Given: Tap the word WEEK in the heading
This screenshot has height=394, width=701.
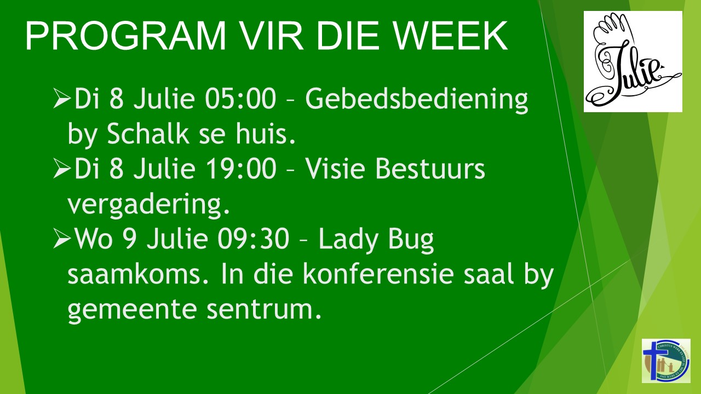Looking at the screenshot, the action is (450, 36).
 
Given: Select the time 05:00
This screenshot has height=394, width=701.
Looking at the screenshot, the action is (240, 99).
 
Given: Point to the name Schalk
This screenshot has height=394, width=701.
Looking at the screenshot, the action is (148, 134).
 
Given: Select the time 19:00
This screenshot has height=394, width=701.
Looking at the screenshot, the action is (240, 169).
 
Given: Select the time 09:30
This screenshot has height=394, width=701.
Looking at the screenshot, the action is (254, 239).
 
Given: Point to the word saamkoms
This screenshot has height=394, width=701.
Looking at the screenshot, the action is (138, 274).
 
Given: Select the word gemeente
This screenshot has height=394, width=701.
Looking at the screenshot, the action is (131, 310).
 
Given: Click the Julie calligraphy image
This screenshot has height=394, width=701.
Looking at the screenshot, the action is (633, 62).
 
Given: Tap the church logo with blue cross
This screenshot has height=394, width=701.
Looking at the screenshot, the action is (666, 361).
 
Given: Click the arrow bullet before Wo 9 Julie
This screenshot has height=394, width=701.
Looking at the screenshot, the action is (62, 239).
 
